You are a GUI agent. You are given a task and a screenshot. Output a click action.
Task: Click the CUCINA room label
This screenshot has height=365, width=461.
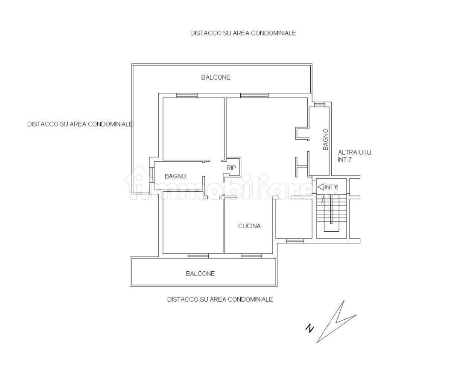point(249,226)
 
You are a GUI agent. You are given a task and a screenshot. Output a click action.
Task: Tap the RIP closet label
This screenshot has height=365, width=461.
point(231,168)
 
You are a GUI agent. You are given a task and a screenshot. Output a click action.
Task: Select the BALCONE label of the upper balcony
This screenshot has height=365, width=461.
point(216,77)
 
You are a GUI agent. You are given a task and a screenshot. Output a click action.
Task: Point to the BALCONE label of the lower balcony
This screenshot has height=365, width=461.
point(200,273)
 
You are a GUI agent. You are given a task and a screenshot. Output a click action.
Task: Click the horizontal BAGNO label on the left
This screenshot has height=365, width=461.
point(175,176)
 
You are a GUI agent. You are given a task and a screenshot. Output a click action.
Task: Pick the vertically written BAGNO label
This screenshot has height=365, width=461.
point(325,140)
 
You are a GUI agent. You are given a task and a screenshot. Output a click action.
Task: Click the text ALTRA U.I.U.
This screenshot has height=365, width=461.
point(355,152)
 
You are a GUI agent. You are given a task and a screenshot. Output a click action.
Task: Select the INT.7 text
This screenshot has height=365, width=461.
point(345,160)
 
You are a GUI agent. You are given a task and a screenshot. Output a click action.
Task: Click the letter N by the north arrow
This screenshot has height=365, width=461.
point(309,328)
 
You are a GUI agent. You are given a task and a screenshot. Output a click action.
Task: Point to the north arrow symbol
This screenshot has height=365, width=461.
point(336,322)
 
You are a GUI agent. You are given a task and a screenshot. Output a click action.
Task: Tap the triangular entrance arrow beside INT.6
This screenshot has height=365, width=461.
point(321,187)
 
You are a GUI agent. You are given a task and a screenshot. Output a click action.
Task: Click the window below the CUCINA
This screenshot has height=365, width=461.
point(251,256)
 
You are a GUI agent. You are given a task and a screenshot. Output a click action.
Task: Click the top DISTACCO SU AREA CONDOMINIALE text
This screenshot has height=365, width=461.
point(243,33)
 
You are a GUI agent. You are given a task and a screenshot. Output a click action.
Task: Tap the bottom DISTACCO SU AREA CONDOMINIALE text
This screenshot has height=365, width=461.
point(220,299)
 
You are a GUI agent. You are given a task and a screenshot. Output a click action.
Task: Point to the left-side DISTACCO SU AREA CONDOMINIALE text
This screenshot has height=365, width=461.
point(80,124)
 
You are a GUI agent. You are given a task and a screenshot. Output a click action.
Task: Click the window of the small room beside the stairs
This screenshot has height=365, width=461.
point(295,241)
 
